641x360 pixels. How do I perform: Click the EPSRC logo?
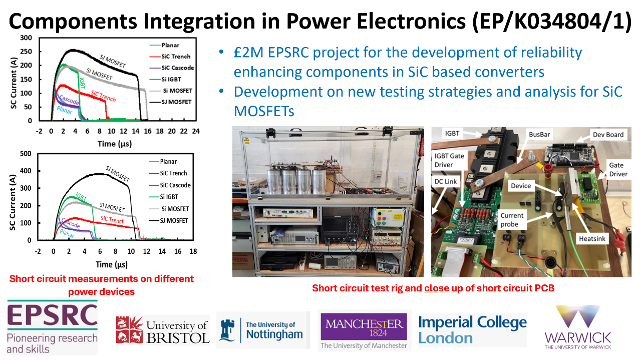(x=52, y=327)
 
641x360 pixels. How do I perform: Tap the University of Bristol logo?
(x=163, y=330)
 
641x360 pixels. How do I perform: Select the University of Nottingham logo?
(x=263, y=330)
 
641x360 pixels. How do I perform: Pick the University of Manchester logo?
(x=365, y=330)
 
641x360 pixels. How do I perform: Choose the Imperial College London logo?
(x=472, y=330)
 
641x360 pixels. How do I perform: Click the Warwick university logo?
(x=578, y=327)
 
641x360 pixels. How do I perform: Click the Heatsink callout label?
(x=592, y=239)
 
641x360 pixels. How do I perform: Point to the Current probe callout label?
(x=512, y=220)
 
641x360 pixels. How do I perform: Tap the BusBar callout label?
(x=539, y=135)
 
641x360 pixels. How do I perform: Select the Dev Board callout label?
(x=608, y=135)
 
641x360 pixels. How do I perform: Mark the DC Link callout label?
(x=446, y=181)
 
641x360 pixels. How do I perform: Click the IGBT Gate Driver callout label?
(x=449, y=160)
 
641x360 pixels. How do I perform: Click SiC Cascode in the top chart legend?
(x=177, y=68)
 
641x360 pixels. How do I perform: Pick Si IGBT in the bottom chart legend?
(x=169, y=197)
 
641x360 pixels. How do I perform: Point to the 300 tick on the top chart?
(x=26, y=38)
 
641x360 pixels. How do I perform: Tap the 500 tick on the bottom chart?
(x=26, y=154)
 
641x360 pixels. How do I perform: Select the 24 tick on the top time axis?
(x=196, y=131)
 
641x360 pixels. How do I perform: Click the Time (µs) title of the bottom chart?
(x=112, y=264)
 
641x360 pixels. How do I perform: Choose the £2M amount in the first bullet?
(x=248, y=53)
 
